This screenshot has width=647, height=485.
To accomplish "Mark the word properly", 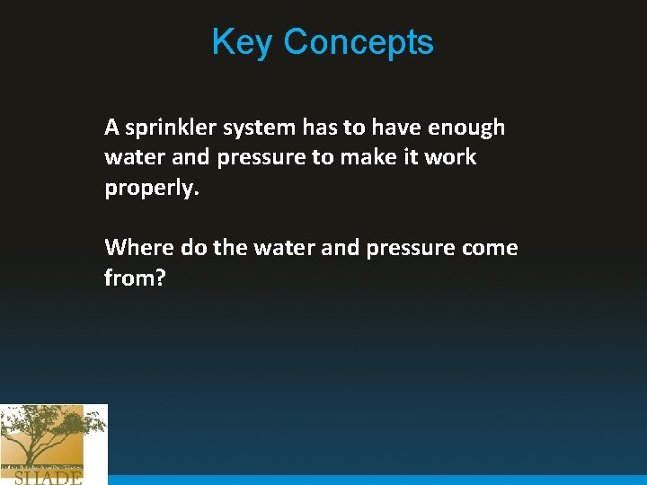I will pos(147,188).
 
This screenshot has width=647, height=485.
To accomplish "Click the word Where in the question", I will pos(139,247).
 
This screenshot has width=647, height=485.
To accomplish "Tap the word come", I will pos(490,247).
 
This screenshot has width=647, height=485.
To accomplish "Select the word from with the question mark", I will pos(135,278).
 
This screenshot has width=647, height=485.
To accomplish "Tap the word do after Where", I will pos(193,247).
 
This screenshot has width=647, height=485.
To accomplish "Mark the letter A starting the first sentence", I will pos(111,128).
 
